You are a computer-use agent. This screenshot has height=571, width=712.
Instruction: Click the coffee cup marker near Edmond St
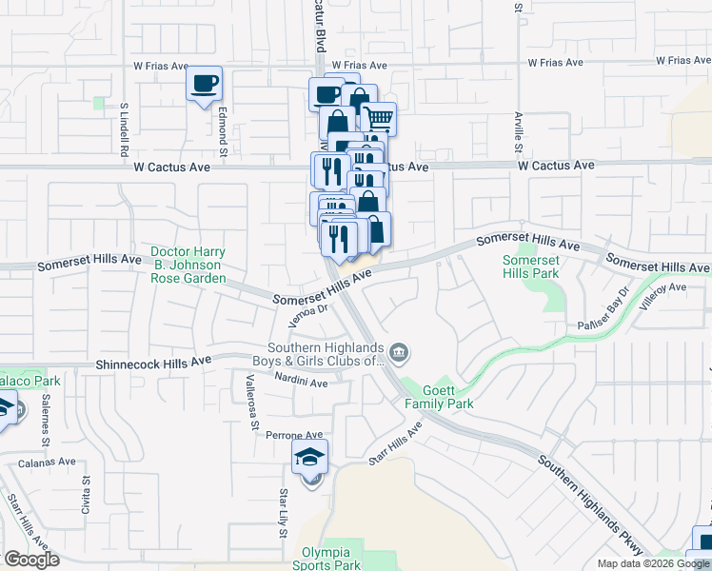pos(205,84)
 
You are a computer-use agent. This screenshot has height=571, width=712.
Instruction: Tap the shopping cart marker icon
pos(380,118)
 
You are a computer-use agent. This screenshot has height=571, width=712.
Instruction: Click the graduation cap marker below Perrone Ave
pos(310,457)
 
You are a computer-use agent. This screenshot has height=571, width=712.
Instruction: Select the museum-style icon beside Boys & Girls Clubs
pos(400,354)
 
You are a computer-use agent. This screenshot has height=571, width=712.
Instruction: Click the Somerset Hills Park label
pos(530,266)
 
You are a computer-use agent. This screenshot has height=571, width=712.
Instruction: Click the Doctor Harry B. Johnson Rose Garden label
pos(188,266)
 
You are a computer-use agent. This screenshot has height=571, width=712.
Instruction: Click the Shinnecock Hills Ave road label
pos(153,363)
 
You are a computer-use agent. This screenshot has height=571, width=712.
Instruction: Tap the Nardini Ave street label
pos(301,383)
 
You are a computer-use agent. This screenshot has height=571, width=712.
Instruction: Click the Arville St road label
pos(519,131)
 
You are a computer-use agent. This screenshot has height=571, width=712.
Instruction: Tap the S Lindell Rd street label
pos(124,129)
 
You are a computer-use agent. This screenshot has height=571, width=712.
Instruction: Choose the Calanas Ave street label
pos(47,462)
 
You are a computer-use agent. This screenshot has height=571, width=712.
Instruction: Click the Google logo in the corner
pos(31,560)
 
